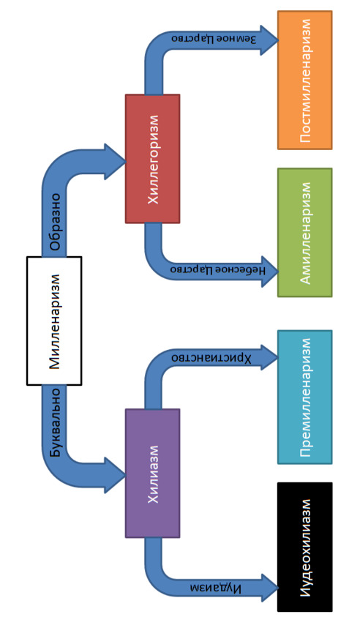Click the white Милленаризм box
(54, 321)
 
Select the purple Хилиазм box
(152, 473)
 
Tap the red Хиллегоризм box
(152, 159)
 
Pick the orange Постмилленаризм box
(304, 80)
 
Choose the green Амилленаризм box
(304, 233)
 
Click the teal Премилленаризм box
(304, 397)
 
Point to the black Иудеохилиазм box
(304, 547)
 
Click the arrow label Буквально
(56, 422)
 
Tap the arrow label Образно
(56, 221)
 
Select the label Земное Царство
(214, 39)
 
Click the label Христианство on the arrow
(211, 358)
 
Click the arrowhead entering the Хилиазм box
(115, 475)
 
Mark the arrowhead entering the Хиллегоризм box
(115, 161)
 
